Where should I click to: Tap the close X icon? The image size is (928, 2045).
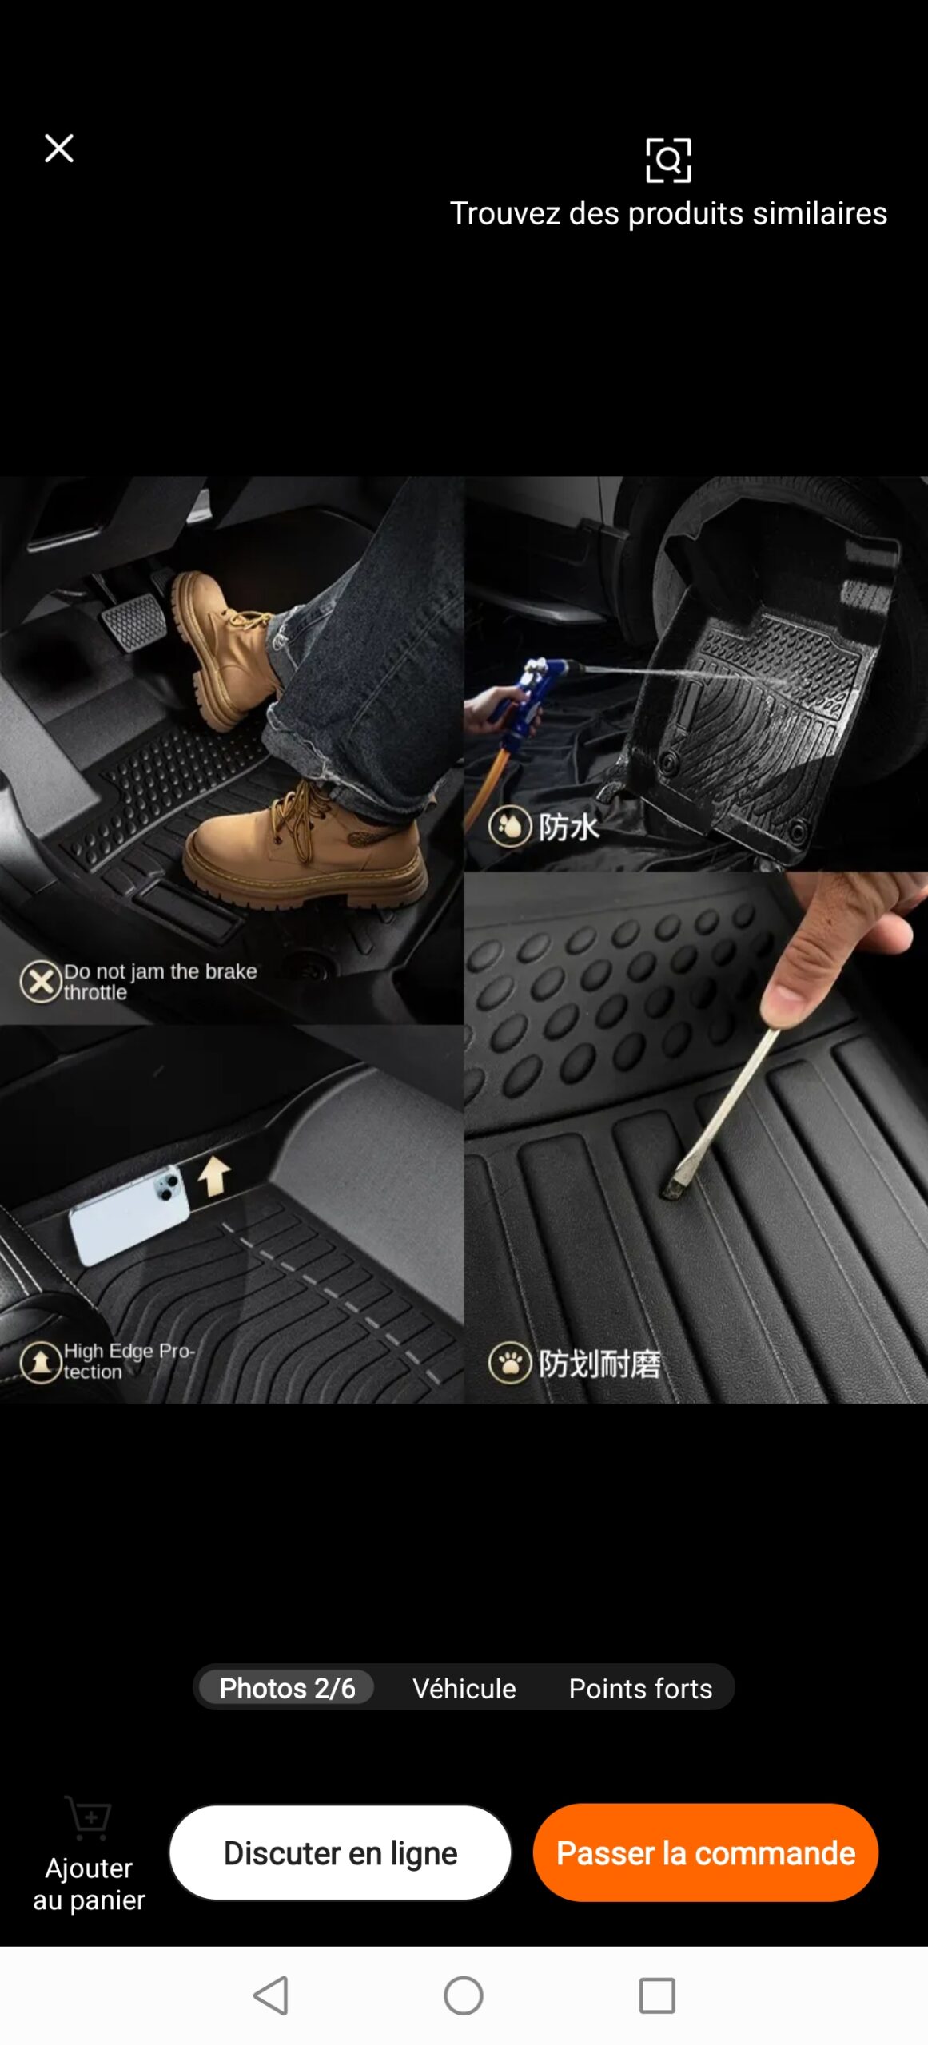[x=59, y=148]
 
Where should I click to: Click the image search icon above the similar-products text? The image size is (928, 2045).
[x=668, y=160]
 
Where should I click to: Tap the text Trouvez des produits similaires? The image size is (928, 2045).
[x=668, y=213]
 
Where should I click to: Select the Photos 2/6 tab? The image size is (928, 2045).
[x=287, y=1687]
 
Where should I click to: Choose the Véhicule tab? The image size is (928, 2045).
[x=464, y=1688]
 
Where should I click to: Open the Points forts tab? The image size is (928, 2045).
[x=640, y=1688]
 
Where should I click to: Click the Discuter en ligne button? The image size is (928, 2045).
[x=341, y=1852]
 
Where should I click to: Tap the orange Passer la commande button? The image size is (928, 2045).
[x=706, y=1852]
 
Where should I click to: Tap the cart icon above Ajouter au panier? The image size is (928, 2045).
[x=89, y=1818]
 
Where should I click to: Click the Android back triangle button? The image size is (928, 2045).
[x=271, y=1995]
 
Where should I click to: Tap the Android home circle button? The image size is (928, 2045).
[x=464, y=1995]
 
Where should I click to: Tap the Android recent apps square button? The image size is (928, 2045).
[x=657, y=1995]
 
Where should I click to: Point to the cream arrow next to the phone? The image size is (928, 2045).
[x=214, y=1177]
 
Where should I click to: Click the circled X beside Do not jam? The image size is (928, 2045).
[x=41, y=982]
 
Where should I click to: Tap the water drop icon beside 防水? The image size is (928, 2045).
[x=510, y=827]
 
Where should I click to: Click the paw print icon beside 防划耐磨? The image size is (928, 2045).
[x=510, y=1363]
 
